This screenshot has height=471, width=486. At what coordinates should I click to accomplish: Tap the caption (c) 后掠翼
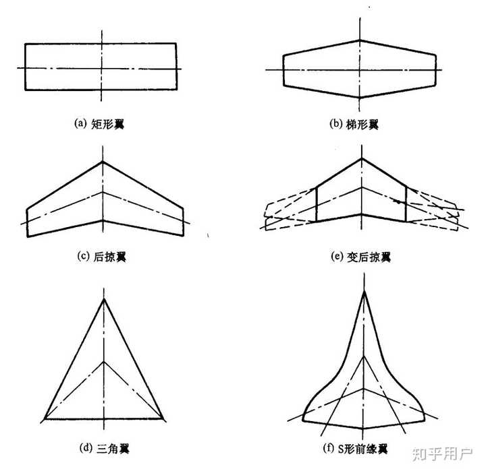pyautogui.click(x=102, y=257)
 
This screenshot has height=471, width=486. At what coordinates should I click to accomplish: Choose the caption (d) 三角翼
pyautogui.click(x=102, y=446)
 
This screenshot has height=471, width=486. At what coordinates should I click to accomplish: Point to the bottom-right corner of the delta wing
pyautogui.click(x=163, y=418)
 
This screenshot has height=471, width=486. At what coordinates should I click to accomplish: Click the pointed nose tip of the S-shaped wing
pyautogui.click(x=364, y=291)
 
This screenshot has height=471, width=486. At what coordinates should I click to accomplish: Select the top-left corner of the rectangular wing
pyautogui.click(x=26, y=44)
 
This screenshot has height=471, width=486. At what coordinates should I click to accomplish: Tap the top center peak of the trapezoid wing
pyautogui.click(x=360, y=40)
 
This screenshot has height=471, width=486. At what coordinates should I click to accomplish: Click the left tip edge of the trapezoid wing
pyautogui.click(x=283, y=69)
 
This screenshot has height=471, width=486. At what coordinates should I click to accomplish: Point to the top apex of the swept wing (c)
pyautogui.click(x=103, y=161)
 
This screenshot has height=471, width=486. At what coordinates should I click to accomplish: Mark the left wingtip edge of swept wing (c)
pyautogui.click(x=27, y=220)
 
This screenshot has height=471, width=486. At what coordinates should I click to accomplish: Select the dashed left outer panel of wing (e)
pyautogui.click(x=287, y=210)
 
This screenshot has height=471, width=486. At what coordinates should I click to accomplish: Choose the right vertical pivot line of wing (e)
pyautogui.click(x=406, y=203)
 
